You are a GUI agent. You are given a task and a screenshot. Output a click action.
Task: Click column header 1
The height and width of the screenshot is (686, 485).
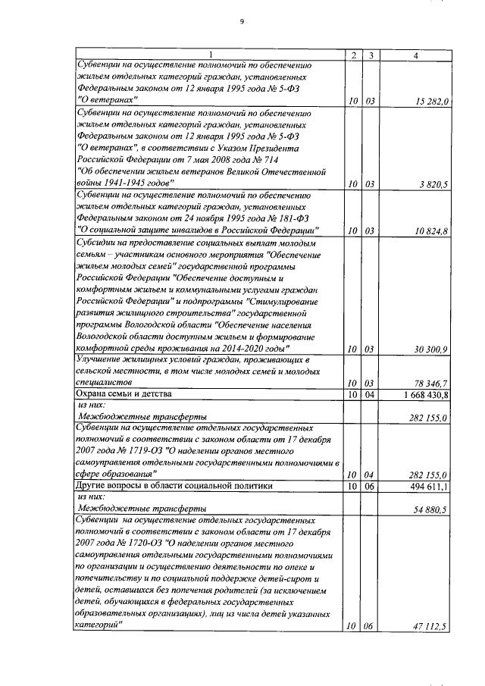pyautogui.click(x=211, y=55)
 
